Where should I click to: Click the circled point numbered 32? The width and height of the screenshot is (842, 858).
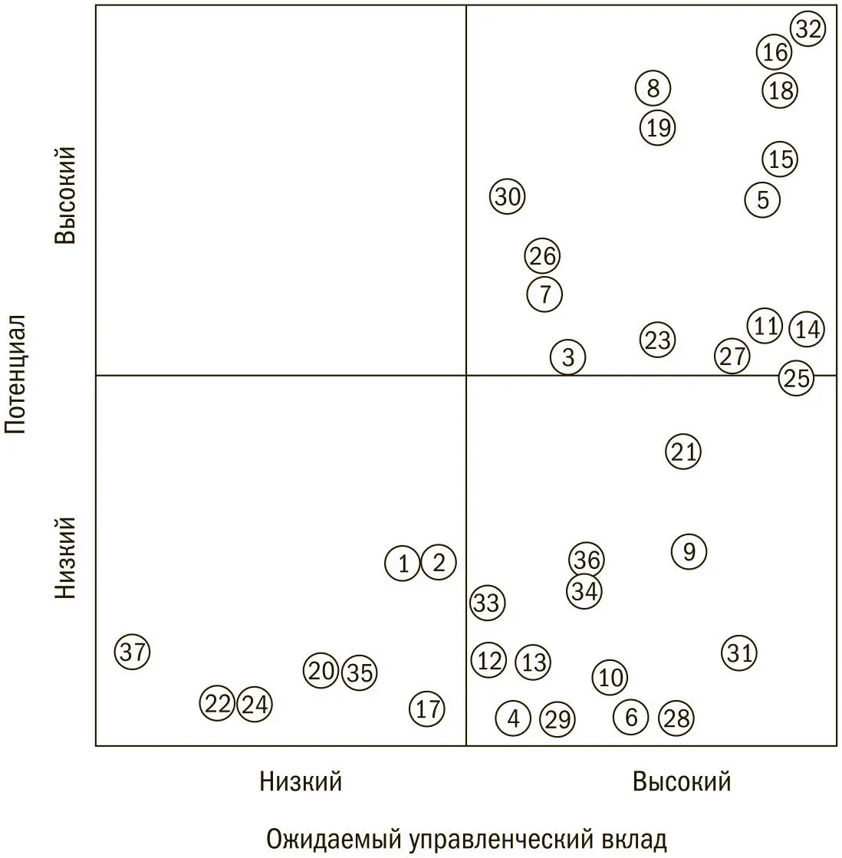(x=807, y=30)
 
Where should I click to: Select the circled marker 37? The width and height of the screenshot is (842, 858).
(x=133, y=653)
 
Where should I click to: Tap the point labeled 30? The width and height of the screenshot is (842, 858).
(x=507, y=197)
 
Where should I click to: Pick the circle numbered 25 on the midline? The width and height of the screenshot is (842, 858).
(x=797, y=378)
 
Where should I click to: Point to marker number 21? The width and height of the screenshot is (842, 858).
(x=683, y=452)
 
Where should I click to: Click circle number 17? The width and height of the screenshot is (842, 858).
(x=427, y=708)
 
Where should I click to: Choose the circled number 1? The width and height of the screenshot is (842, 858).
(x=403, y=564)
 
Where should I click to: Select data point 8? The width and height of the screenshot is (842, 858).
(x=653, y=89)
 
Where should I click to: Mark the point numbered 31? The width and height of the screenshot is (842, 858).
(x=739, y=653)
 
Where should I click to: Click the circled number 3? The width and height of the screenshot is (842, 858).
(x=567, y=357)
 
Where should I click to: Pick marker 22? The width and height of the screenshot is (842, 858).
(x=218, y=703)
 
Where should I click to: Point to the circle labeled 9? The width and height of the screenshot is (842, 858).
(x=689, y=551)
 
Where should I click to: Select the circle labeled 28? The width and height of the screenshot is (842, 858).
(x=676, y=718)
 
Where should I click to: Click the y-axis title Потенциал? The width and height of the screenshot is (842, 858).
(x=17, y=373)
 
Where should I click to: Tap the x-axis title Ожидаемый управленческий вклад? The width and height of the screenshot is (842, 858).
(x=466, y=839)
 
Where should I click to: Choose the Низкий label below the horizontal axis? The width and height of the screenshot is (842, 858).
(x=301, y=781)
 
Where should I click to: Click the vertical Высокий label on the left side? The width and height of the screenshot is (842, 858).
(x=65, y=195)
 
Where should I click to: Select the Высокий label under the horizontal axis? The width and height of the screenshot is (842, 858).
(x=681, y=781)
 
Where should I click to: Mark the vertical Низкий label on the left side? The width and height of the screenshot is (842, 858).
(x=65, y=557)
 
